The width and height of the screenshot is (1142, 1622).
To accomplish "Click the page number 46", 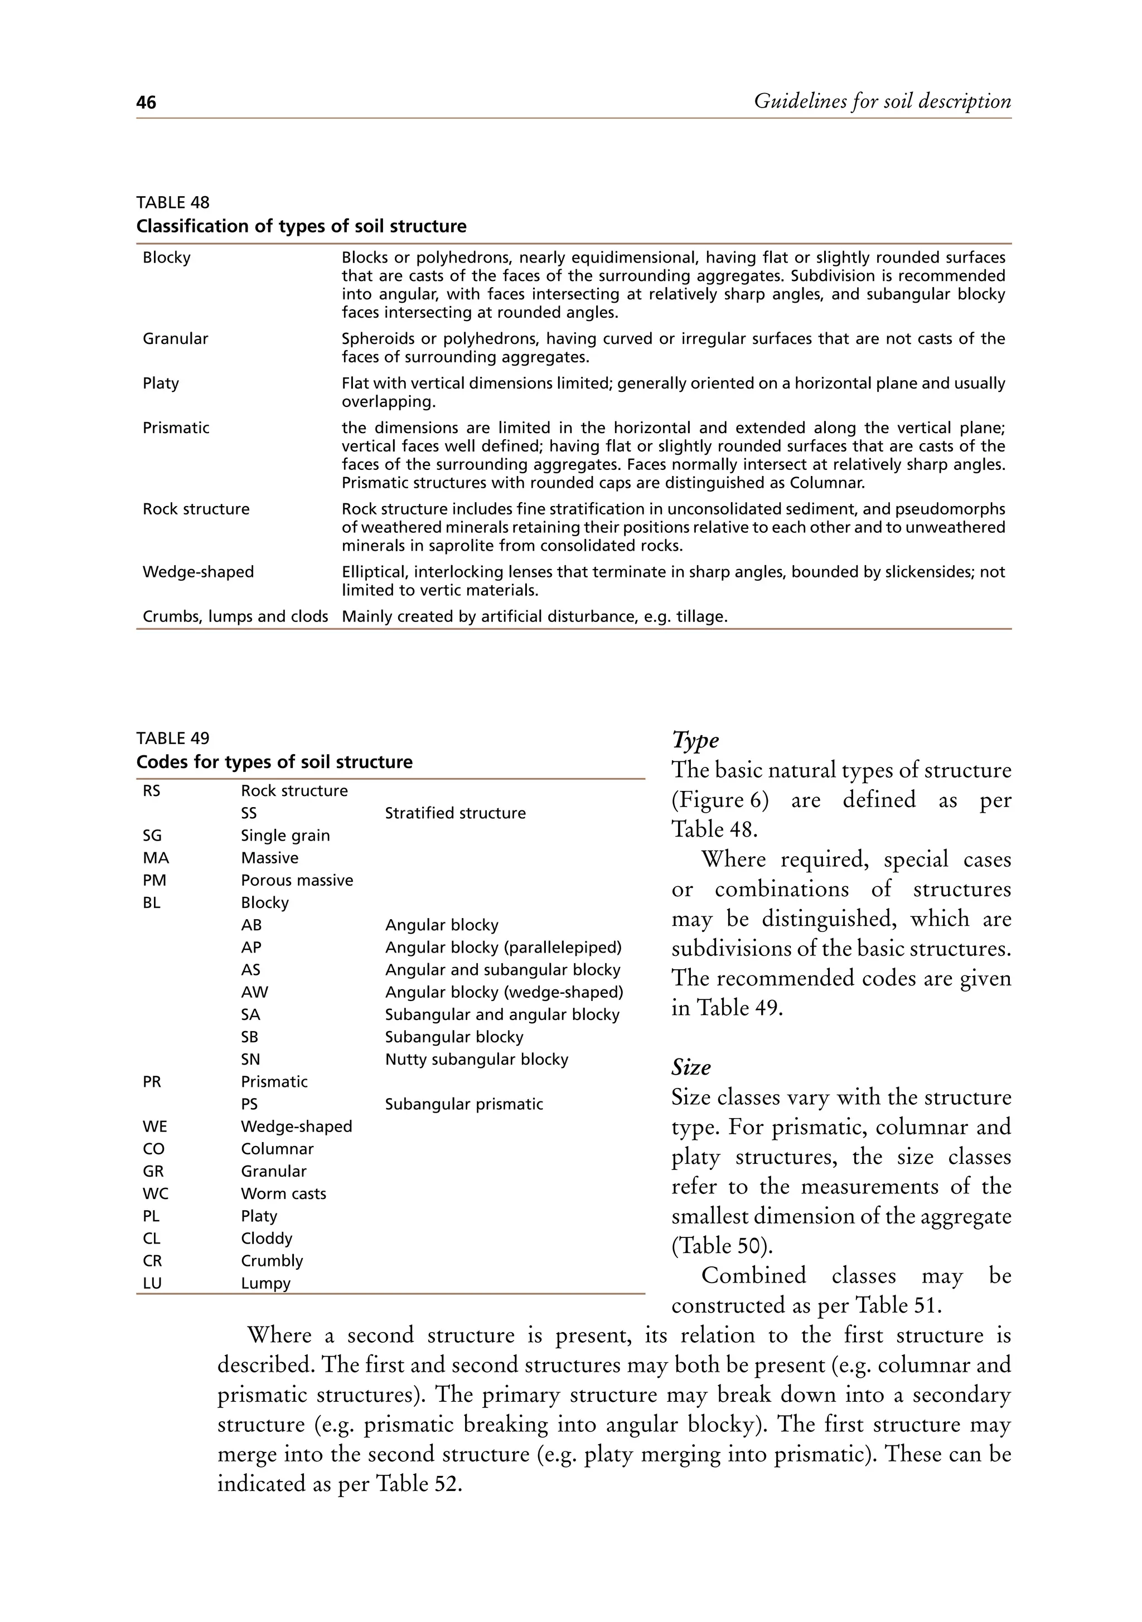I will point(146,103).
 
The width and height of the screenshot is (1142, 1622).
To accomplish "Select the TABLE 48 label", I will point(172,203).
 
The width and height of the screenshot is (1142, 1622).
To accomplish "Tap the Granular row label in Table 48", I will point(175,338).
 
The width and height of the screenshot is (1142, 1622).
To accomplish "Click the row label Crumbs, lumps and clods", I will point(235,616).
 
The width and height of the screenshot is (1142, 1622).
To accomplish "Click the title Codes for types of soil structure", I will point(274,761).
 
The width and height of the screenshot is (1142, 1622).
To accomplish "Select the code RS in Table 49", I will point(151,790).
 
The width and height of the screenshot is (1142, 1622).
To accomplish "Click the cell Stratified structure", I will point(455,813).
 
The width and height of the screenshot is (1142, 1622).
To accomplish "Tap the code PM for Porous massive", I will point(155,880).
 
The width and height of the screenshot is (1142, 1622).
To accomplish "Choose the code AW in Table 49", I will point(254,992).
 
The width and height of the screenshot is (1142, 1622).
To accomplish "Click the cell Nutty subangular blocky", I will point(476,1059).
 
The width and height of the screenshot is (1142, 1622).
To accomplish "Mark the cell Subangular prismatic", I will point(463,1104).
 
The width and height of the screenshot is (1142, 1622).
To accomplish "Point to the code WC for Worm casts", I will point(156,1193).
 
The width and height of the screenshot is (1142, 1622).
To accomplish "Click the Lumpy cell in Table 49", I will point(266,1283).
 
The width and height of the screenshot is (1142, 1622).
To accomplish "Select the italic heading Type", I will point(695,740).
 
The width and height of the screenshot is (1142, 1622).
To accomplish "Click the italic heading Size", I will point(691,1067).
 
